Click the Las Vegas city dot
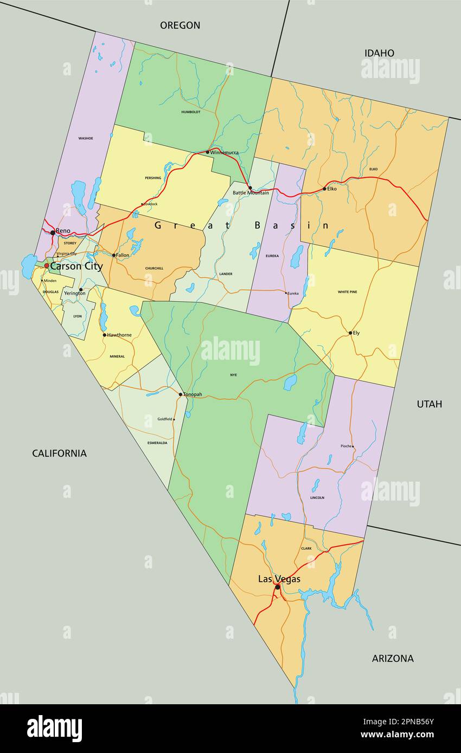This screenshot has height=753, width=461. pos(278,587)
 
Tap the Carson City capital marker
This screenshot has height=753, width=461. pos(47,266)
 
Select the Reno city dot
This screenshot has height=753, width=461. pos(53,232)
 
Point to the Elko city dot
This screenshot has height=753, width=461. pos(325,189)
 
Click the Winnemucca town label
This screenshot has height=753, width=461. pos(225,152)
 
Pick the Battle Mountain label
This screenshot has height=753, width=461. pos(251,193)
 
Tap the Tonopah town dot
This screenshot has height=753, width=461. pos(181,394)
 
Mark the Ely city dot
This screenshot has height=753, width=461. pos(350,333)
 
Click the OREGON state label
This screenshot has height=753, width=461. pos(180,25)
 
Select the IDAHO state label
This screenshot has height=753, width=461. pos(379,53)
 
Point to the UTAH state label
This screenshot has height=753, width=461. pos(429,404)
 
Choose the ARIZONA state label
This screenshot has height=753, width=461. pos(393,658)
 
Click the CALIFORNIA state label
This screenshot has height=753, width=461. pos(59,453)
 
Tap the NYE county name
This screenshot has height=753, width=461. pos(233,375)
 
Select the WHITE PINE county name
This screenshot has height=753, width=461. pos(347,292)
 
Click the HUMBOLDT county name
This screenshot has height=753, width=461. pos(191,112)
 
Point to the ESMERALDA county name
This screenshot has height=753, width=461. pos(157,443)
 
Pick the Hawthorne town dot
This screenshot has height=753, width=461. pos(105,335)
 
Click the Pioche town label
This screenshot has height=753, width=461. pos(345,446)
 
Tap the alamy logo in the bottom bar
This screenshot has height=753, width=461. pos(54,729)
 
